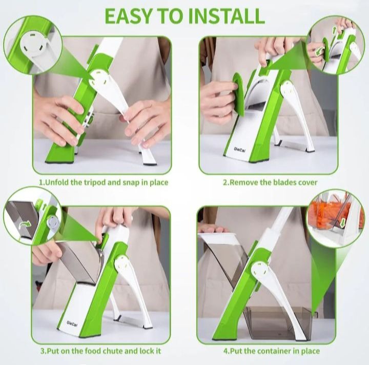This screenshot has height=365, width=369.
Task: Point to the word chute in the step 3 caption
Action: coord(100,351)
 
